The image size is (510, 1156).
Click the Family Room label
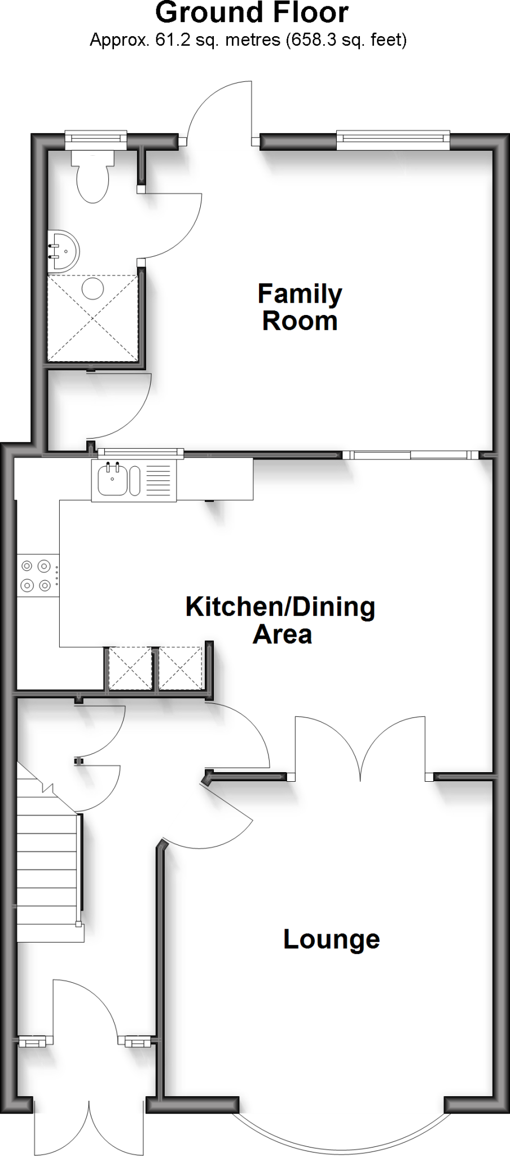coord(300,307)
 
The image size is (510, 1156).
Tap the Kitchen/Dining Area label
coord(280,620)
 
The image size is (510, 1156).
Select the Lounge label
coord(331,939)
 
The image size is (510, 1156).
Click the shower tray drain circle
coord(93,289)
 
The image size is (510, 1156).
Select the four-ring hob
coord(38,575)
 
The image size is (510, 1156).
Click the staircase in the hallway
coord(47,858)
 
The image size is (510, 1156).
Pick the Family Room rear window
coord(393,140)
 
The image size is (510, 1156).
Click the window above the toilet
coord(95,138)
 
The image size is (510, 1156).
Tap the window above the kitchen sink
coord(140,452)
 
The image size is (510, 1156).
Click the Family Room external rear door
coord(220,113)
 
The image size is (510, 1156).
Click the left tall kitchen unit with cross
coord(130,668)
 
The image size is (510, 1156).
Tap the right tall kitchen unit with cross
coord(180,668)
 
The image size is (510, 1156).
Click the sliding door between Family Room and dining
coord(411,455)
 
